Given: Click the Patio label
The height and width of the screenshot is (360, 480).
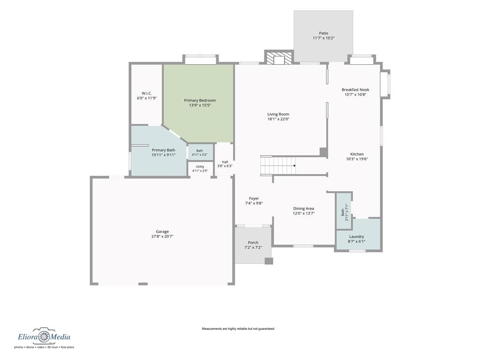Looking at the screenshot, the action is click(323, 33).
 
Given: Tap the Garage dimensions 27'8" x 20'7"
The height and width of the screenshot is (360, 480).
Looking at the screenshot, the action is click(162, 236).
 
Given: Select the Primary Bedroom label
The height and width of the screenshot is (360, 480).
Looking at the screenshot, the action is click(200, 100).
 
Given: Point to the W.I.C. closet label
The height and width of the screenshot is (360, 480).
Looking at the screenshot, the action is click(147, 93).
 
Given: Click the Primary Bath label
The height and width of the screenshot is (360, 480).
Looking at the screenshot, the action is click(164, 150).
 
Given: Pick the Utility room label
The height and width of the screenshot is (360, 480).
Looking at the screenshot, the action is click(200, 167).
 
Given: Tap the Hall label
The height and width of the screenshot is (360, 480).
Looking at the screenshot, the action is click(225, 162).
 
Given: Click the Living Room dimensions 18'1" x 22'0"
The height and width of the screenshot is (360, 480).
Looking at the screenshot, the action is click(278, 119).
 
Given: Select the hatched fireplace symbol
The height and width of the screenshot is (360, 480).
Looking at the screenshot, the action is click(279, 59).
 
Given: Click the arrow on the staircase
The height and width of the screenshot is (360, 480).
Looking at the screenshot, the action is click(294, 165).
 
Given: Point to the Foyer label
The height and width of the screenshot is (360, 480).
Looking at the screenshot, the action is click(254, 198).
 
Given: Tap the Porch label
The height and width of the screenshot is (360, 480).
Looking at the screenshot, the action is click(253, 242).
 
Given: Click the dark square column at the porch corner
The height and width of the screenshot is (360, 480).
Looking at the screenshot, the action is click(269, 261).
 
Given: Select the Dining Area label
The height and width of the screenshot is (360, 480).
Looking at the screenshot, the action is click(303, 209).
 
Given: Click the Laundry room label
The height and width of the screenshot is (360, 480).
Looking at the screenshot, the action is click(357, 236).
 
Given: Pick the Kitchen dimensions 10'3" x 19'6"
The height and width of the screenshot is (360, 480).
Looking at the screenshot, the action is click(357, 159).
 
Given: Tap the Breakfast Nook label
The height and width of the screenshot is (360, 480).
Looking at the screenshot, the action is click(355, 90).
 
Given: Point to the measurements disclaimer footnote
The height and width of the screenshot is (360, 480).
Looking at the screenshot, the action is click(238, 329).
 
